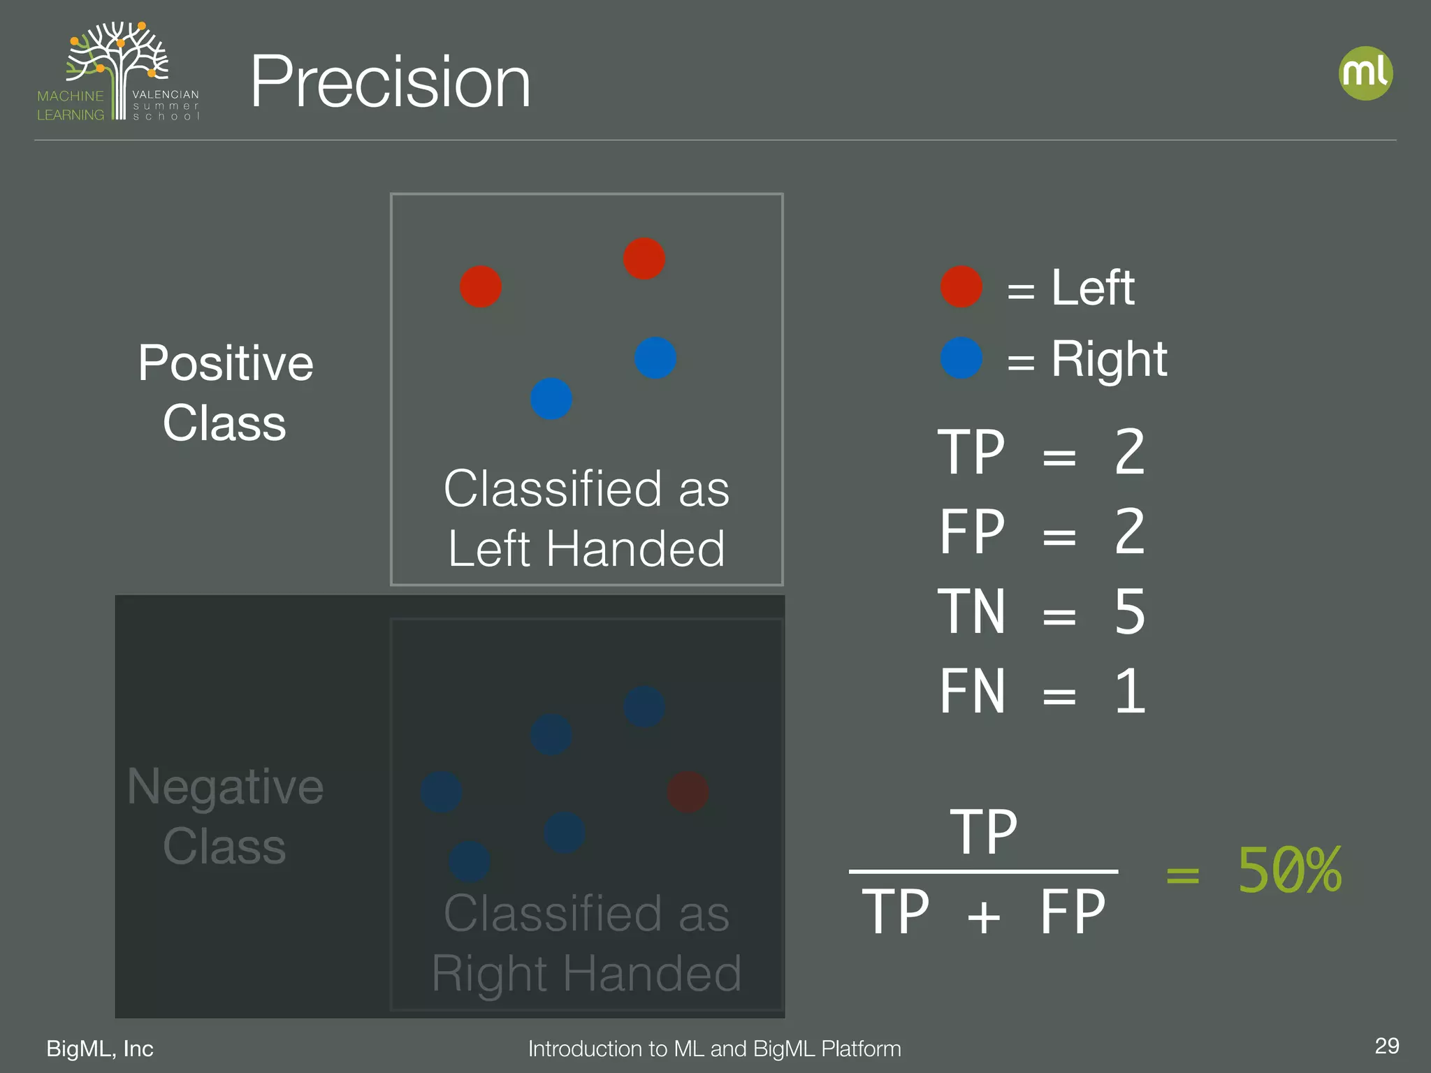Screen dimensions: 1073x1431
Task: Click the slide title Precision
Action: [390, 82]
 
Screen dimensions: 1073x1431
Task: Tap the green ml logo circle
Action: [1365, 73]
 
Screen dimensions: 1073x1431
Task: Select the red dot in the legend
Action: [961, 286]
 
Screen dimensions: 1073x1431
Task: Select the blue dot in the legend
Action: [961, 358]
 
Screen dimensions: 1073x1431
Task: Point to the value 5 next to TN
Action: [1130, 612]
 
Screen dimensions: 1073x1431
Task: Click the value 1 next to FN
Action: [1130, 692]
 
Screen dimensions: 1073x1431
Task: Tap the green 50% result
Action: [1289, 870]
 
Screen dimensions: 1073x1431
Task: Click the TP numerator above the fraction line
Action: [983, 832]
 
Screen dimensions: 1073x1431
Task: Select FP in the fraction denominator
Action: [1073, 912]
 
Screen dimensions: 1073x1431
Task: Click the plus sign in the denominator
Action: [984, 916]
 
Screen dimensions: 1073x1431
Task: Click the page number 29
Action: [1386, 1046]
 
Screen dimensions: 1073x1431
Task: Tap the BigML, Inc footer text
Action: [100, 1049]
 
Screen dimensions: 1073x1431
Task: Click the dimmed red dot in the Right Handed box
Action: [688, 792]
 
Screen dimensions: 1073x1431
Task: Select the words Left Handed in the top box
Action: [586, 548]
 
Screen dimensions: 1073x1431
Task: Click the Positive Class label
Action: [225, 393]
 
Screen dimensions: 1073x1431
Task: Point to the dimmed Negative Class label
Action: [225, 816]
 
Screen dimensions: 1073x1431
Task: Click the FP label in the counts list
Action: [972, 532]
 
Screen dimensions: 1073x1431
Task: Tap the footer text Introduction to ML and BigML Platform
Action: [714, 1049]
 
